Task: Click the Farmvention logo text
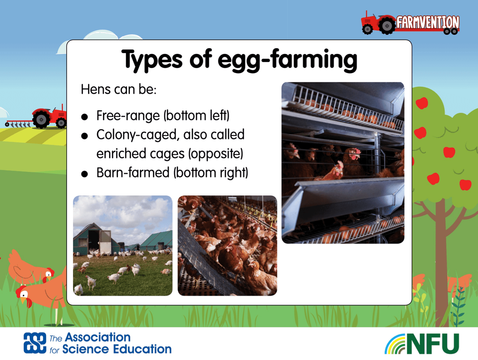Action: click(x=428, y=22)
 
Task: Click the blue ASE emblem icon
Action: click(x=35, y=343)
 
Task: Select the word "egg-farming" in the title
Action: click(x=287, y=60)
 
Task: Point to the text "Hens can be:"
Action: click(x=119, y=89)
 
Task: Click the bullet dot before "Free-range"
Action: click(x=85, y=117)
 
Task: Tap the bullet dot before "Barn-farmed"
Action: click(x=85, y=174)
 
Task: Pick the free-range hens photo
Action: click(x=123, y=246)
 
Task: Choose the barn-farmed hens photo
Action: click(x=227, y=246)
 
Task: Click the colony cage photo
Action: click(x=343, y=163)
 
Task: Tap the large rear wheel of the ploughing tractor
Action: click(x=41, y=119)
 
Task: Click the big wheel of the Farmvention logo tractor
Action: click(x=387, y=26)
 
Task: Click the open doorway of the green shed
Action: click(x=94, y=241)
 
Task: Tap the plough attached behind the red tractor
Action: click(x=18, y=123)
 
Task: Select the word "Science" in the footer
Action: click(x=86, y=349)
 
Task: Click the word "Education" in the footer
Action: click(x=142, y=349)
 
